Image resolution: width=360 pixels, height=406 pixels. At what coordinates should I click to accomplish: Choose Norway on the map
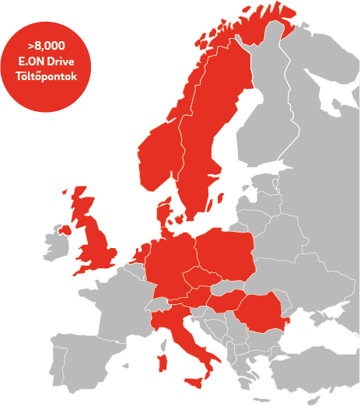[x=159, y=156]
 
